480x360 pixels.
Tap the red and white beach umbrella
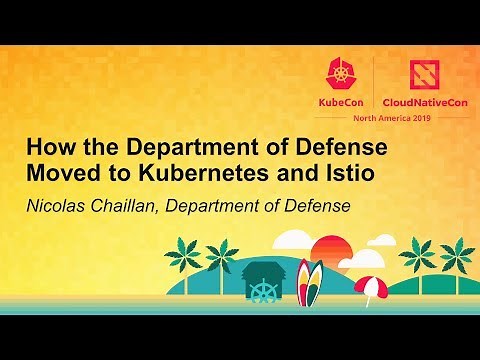[370, 286]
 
